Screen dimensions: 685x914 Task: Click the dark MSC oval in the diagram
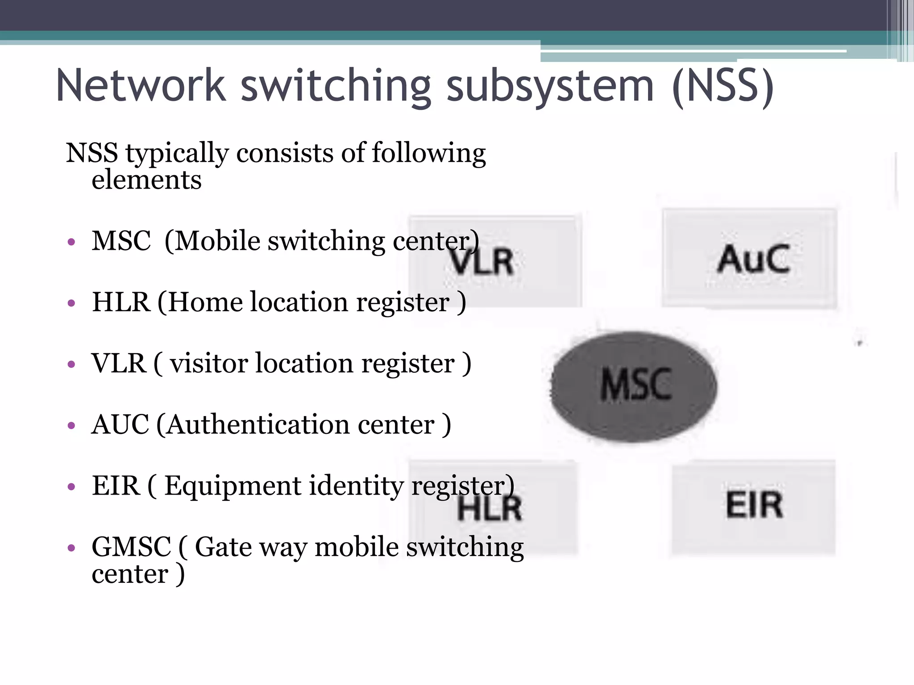pyautogui.click(x=634, y=386)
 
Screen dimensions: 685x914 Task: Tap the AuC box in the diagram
pyautogui.click(x=750, y=258)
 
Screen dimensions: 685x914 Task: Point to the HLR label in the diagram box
pyautogui.click(x=490, y=509)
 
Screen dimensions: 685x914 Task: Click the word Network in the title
pyautogui.click(x=141, y=86)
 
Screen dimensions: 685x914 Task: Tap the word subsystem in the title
pyautogui.click(x=550, y=87)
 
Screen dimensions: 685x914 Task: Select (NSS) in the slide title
pyautogui.click(x=723, y=87)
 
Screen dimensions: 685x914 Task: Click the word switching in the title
pyautogui.click(x=336, y=87)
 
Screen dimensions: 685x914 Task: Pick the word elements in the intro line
pyautogui.click(x=146, y=180)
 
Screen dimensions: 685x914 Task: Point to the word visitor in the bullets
pyautogui.click(x=208, y=363)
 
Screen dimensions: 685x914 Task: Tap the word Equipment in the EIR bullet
pyautogui.click(x=233, y=486)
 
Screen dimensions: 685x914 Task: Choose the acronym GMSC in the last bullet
pyautogui.click(x=131, y=547)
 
